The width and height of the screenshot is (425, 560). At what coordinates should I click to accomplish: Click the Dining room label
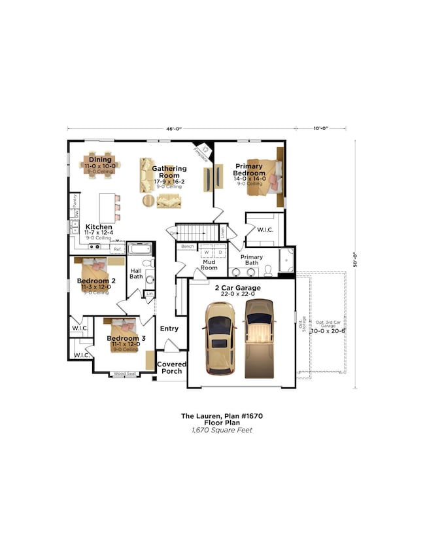pos(100,160)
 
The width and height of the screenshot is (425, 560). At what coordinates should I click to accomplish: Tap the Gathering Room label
pos(169,172)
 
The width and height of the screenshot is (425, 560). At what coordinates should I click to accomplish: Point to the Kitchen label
pos(99,227)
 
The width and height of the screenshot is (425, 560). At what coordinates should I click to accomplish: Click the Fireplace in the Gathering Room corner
pos(203,153)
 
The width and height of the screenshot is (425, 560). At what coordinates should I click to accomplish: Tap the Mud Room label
pos(209,264)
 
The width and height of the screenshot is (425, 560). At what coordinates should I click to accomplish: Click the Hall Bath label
pos(135,273)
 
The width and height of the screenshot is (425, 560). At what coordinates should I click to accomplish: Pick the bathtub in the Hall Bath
pos(139,249)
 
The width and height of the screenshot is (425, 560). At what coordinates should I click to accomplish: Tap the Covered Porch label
pos(172,368)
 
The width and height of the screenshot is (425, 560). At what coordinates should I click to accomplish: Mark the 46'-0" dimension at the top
pos(173,130)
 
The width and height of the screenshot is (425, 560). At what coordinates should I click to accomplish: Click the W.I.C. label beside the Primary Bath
pos(265,230)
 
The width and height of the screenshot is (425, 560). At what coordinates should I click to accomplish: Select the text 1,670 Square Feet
pos(222,430)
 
